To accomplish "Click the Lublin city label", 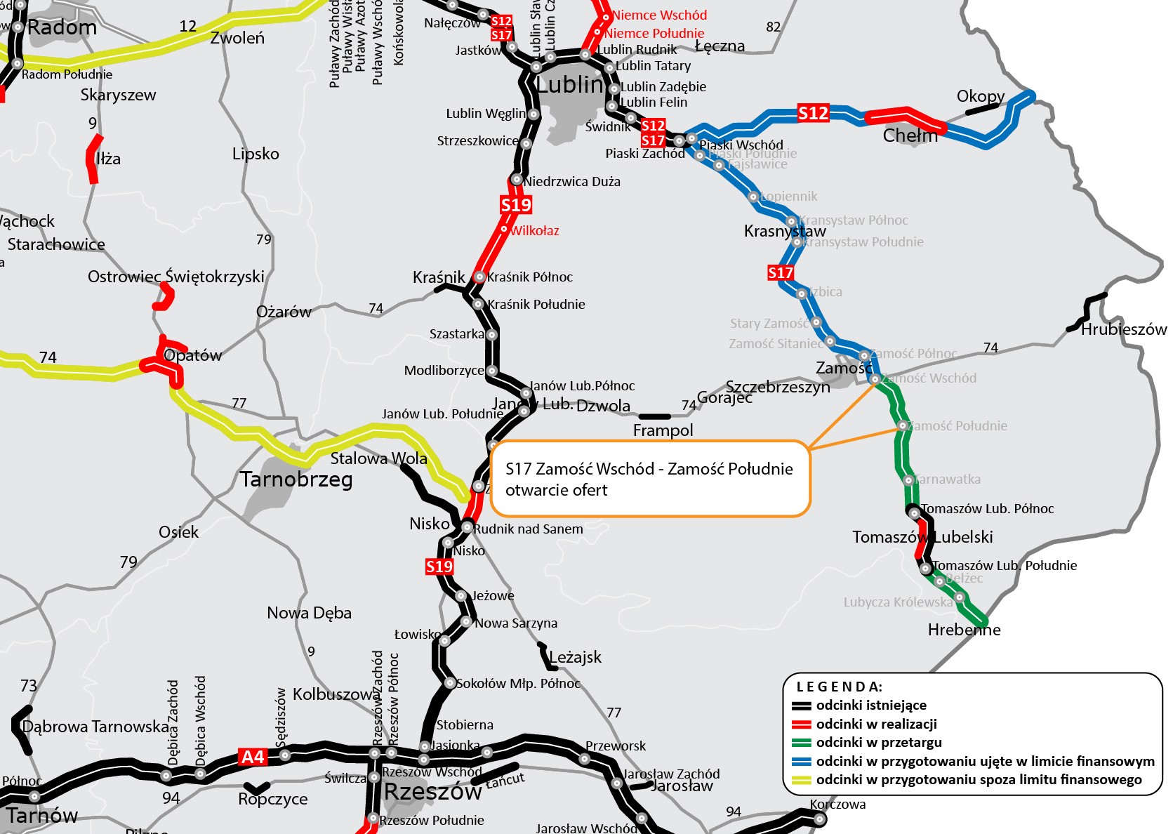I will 569,85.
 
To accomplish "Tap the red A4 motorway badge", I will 253,757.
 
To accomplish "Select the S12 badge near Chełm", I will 813,113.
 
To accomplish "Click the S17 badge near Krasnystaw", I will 781,272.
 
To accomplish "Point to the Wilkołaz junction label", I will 534,231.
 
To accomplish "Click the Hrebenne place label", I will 964,630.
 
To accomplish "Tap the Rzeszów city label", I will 432,792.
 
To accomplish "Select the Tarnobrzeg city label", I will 296,479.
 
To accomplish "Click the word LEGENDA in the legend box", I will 839,687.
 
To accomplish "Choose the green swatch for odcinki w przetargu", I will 802,743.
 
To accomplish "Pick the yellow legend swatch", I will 802,780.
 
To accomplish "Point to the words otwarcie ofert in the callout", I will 556,490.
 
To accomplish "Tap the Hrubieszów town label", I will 1123,329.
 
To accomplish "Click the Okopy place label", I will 981,96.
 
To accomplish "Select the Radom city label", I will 62,28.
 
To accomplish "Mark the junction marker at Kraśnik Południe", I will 478,304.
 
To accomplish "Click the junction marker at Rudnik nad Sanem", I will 467,527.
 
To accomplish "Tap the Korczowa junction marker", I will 819,818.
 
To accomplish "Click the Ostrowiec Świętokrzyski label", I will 175,277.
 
